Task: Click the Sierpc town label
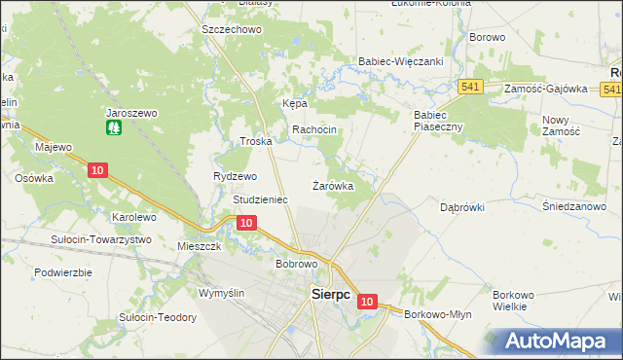pos(330,294)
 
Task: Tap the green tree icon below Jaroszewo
pos(114,126)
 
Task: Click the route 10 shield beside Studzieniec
pos(246,224)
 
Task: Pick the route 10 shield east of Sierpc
pos(366,303)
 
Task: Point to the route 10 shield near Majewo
pos(95,170)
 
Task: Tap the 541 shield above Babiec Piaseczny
pos(471,87)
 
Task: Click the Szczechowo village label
pos(232,30)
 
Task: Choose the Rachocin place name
pos(314,129)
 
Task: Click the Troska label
pos(255,141)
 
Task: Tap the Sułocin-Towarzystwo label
pos(102,239)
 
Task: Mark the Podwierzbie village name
pos(62,272)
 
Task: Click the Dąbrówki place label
pos(461,207)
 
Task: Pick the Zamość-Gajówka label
pos(546,89)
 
